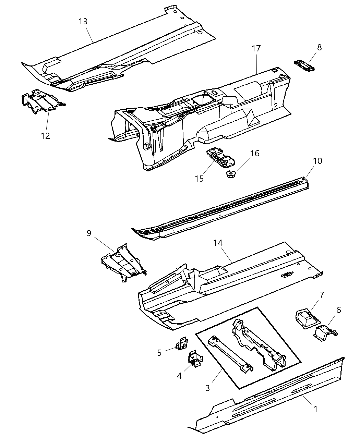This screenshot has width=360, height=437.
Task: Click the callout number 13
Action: pyautogui.click(x=83, y=22)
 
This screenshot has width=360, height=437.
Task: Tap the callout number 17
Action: pyautogui.click(x=256, y=48)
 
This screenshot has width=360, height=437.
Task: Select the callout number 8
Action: pyautogui.click(x=319, y=47)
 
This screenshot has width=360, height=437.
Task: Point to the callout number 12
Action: pyautogui.click(x=45, y=136)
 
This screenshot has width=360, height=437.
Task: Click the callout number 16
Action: pyautogui.click(x=254, y=153)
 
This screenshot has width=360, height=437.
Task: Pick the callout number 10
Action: pyautogui.click(x=317, y=160)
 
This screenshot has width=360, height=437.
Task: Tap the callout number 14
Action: pyautogui.click(x=218, y=243)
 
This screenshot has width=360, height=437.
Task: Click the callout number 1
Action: pyautogui.click(x=315, y=409)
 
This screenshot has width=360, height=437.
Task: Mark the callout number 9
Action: pyautogui.click(x=89, y=233)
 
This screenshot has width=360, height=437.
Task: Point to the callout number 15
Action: pyautogui.click(x=199, y=178)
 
